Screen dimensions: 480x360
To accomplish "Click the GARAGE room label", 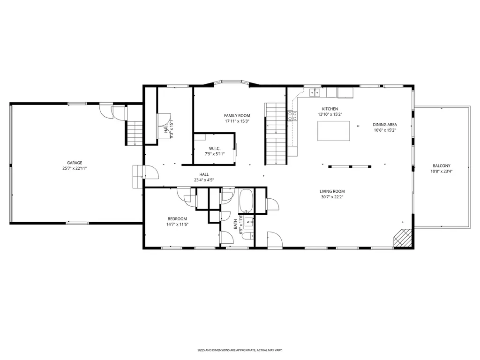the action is pyautogui.click(x=75, y=163).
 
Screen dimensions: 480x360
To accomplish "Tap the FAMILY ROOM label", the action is pyautogui.click(x=237, y=116).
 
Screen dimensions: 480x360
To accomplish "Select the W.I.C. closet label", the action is pyautogui.click(x=215, y=149).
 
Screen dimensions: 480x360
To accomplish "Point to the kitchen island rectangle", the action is pyautogui.click(x=334, y=131).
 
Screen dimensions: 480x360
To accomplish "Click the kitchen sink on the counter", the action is pyautogui.click(x=315, y=92).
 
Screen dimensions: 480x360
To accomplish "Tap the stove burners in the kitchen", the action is pyautogui.click(x=292, y=116).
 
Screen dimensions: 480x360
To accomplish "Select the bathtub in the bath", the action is pyautogui.click(x=246, y=201).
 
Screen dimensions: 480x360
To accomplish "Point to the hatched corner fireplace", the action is pyautogui.click(x=403, y=238).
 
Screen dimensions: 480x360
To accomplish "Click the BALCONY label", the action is pyautogui.click(x=442, y=166).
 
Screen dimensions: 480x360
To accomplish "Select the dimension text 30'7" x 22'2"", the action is pyautogui.click(x=332, y=197).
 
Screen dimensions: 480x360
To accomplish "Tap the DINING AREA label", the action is pyautogui.click(x=385, y=125).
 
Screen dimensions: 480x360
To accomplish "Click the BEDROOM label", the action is pyautogui.click(x=177, y=219).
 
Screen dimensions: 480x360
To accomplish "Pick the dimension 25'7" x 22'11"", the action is pyautogui.click(x=75, y=168).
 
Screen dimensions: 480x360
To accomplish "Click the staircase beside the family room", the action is pyautogui.click(x=276, y=134).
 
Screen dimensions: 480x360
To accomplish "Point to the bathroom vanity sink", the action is pyautogui.click(x=248, y=222).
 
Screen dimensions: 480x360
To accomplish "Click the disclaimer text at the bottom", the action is pyautogui.click(x=240, y=350).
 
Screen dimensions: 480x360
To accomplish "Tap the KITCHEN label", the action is pyautogui.click(x=330, y=109).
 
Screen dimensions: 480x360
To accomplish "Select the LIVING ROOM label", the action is pyautogui.click(x=332, y=191).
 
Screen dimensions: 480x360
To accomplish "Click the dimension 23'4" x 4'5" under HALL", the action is pyautogui.click(x=204, y=180).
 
